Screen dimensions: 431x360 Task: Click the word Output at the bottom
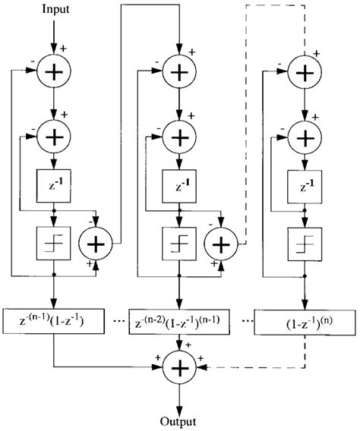pyautogui.click(x=179, y=420)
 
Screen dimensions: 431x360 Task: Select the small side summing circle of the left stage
pyautogui.click(x=98, y=245)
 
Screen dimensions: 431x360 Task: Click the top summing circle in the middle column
pyautogui.click(x=178, y=73)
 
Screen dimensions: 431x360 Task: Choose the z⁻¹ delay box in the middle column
pyautogui.click(x=178, y=184)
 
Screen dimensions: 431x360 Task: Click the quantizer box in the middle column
pyautogui.click(x=178, y=245)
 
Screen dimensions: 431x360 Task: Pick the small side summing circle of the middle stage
pyautogui.click(x=219, y=245)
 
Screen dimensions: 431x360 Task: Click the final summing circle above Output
pyautogui.click(x=179, y=369)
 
